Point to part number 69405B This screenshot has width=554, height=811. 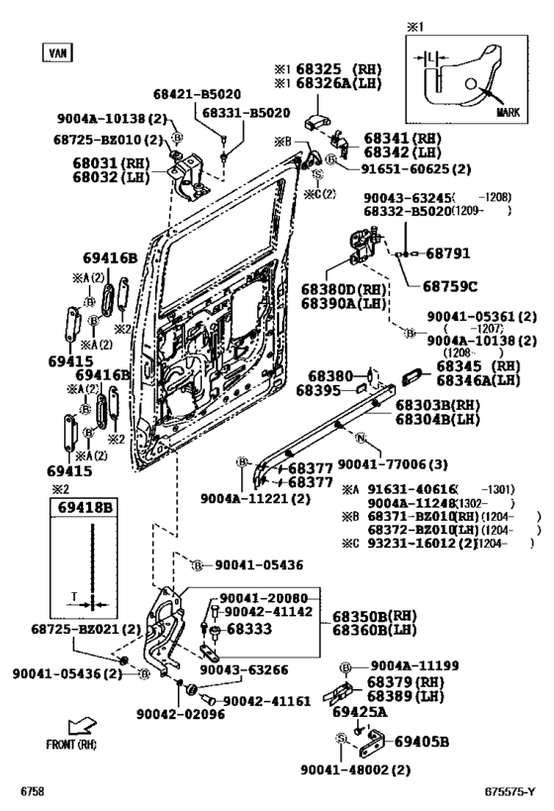point(422,742)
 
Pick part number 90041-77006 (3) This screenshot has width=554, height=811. point(391,462)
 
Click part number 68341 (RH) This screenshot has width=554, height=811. point(403,138)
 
